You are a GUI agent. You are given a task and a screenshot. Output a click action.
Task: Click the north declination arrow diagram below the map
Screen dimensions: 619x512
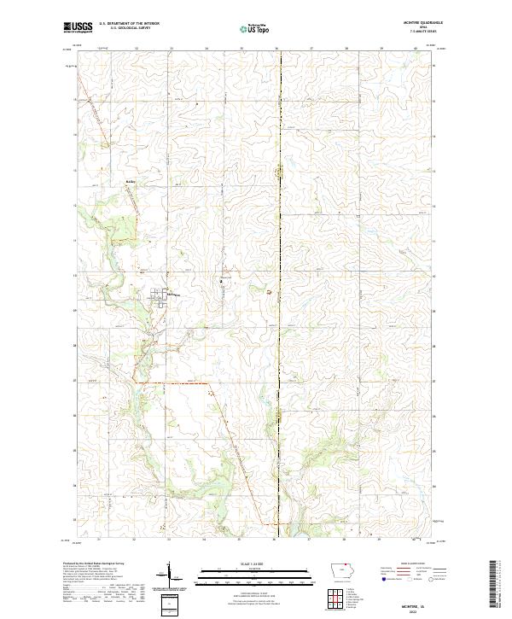(171, 574)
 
